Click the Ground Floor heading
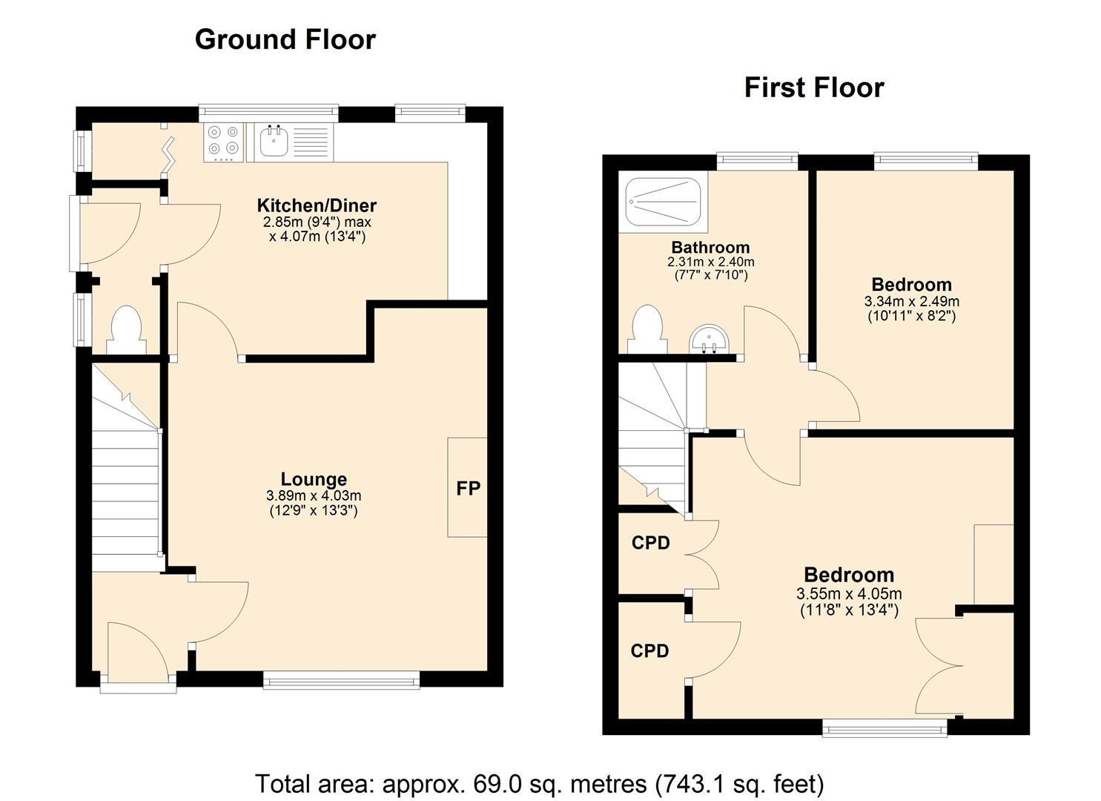click(x=285, y=39)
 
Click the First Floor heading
click(x=813, y=88)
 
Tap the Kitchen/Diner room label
click(x=317, y=205)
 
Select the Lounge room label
click(x=314, y=479)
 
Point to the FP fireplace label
click(x=468, y=488)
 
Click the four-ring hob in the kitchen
click(x=224, y=141)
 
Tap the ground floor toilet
click(x=126, y=331)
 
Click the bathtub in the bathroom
click(x=663, y=201)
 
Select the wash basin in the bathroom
click(x=710, y=341)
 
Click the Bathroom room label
click(x=710, y=247)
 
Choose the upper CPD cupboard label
click(x=650, y=543)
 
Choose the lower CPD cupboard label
click(x=649, y=651)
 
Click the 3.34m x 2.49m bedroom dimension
click(x=911, y=302)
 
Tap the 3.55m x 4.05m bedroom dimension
click(x=849, y=593)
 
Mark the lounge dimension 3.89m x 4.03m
click(x=314, y=495)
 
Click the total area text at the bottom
click(x=539, y=783)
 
